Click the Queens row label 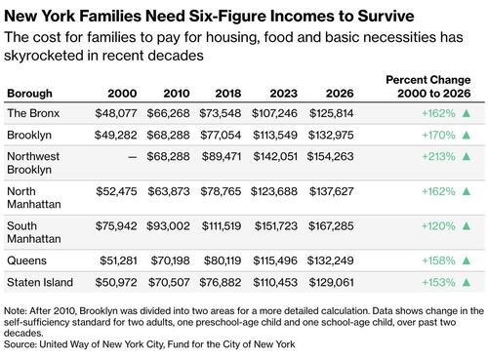[x=27, y=260]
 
